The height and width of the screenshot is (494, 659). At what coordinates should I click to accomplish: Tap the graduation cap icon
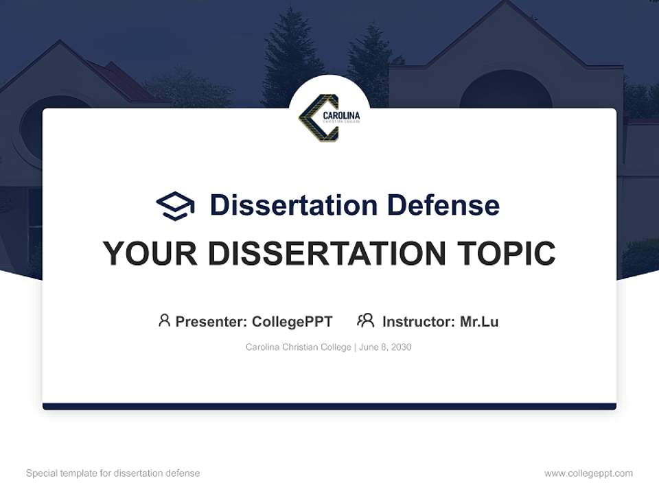click(x=175, y=205)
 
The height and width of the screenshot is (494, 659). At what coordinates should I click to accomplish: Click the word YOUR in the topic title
click(x=150, y=254)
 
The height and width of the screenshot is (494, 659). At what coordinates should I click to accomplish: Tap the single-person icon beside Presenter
click(x=164, y=320)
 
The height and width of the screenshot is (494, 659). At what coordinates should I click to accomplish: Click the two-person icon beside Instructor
click(x=366, y=320)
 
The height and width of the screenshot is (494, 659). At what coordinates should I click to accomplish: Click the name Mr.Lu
click(x=479, y=321)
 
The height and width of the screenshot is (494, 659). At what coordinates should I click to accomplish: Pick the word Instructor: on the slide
click(x=418, y=321)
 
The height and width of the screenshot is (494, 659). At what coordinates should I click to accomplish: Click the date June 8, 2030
click(x=385, y=347)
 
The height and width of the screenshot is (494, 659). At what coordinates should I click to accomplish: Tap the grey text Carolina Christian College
click(x=299, y=347)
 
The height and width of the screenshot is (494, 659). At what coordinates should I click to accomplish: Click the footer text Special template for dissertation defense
click(x=113, y=473)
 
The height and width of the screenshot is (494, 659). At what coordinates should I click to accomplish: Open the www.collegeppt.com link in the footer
click(x=588, y=473)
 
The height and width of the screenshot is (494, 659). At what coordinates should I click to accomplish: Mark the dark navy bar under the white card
click(x=329, y=406)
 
